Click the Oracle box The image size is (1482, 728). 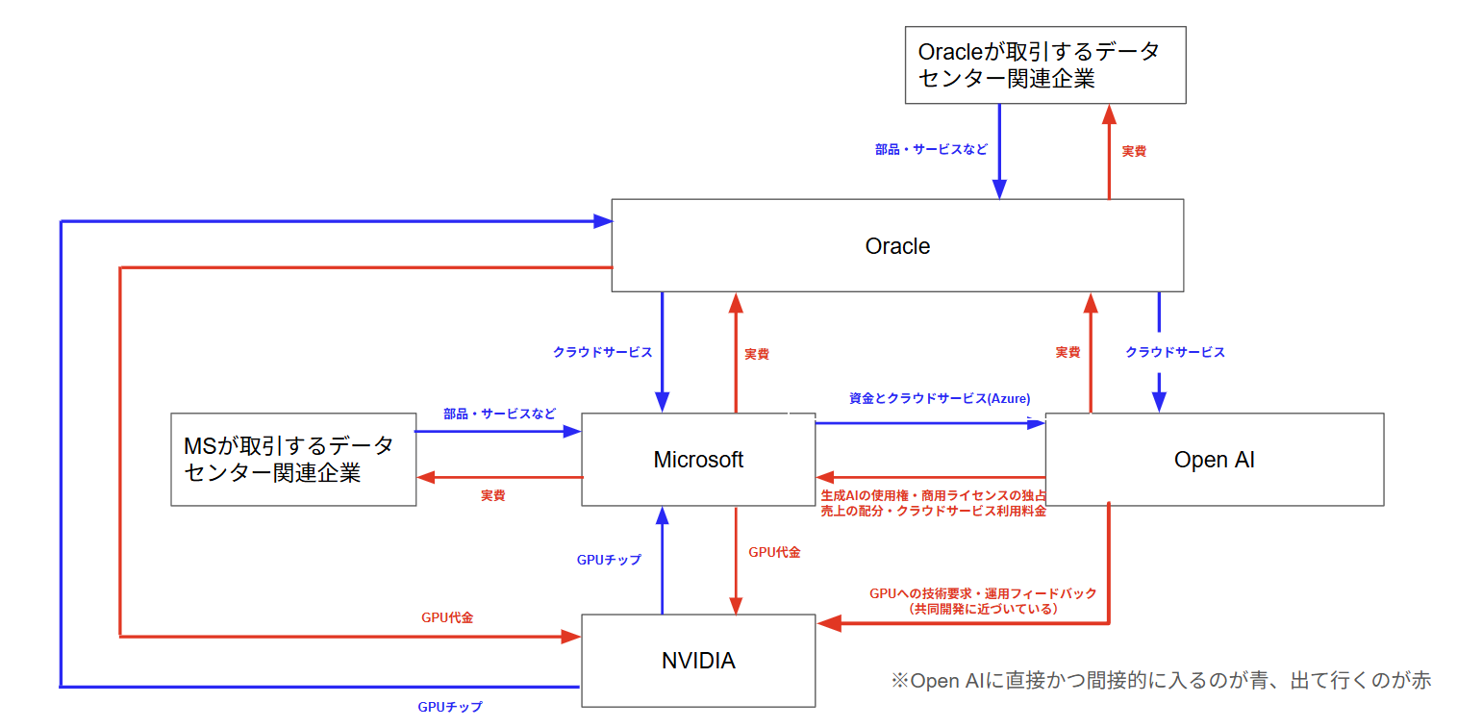[897, 246]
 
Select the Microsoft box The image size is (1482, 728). [698, 460]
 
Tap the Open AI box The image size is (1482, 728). [1214, 460]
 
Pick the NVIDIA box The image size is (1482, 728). [698, 661]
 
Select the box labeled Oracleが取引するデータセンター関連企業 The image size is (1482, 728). [1044, 65]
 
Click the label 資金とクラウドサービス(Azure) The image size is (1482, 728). [940, 398]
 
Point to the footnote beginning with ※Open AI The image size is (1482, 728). [1161, 681]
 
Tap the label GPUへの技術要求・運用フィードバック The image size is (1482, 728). [983, 593]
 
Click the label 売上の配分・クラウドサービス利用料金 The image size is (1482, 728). [933, 512]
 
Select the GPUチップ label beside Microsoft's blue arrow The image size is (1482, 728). [609, 560]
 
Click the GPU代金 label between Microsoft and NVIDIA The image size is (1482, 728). [774, 552]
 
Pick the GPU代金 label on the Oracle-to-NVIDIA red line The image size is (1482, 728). [447, 617]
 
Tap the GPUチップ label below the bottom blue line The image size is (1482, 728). [450, 707]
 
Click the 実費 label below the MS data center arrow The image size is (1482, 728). [493, 495]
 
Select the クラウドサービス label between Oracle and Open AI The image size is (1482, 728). [1175, 352]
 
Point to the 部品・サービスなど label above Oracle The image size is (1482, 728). [931, 151]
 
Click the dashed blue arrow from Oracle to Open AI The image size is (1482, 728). [1159, 351]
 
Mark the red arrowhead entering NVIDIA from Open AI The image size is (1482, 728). [828, 624]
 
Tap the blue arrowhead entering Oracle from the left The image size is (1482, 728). [603, 221]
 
